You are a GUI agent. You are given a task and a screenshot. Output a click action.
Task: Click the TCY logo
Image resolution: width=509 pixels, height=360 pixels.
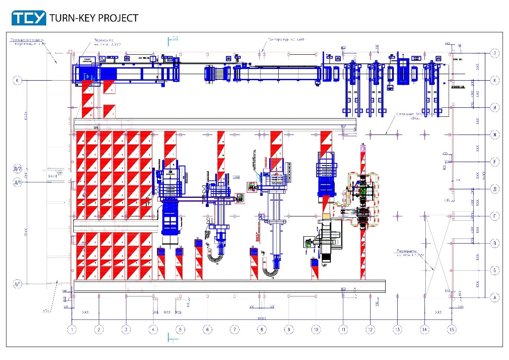pos(28,18)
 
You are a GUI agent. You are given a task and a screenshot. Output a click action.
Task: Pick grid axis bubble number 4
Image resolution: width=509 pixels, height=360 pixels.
pos(153,330)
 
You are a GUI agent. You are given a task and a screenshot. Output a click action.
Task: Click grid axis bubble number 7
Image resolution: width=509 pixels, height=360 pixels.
pos(234,330)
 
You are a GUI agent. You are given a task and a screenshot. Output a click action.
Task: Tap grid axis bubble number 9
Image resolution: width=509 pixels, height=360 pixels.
pos(289,330)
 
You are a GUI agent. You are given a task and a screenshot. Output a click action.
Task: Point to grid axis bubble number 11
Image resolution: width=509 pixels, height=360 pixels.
pos(343,330)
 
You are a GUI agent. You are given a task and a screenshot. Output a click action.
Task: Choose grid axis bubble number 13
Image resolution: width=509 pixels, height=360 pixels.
pos(397,330)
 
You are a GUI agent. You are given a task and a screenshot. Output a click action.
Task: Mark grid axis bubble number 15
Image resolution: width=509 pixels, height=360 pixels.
pos(452,330)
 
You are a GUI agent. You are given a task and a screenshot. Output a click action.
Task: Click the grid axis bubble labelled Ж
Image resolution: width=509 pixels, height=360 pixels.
pos(494,135)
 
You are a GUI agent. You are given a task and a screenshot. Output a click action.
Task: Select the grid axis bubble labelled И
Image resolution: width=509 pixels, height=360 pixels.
pos(494,107)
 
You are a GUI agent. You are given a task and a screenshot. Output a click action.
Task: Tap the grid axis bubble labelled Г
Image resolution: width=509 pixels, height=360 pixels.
pos(494,216)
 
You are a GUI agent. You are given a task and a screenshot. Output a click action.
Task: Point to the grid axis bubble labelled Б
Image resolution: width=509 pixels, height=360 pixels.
pos(494,270)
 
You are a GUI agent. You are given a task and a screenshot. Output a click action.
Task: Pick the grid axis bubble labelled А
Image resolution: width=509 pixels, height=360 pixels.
pos(494,297)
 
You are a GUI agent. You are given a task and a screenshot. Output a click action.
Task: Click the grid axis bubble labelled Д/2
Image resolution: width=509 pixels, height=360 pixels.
pos(18,169)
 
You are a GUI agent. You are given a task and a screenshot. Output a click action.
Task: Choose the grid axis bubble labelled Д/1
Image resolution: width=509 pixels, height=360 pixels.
pos(18,182)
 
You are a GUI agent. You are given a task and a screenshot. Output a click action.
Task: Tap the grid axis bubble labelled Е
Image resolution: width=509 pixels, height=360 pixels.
pos(494,162)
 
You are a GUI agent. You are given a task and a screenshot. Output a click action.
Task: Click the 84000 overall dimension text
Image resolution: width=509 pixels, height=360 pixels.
pos(261,318)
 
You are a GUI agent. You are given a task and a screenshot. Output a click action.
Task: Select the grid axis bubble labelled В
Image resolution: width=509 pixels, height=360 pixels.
pos(494,244)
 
